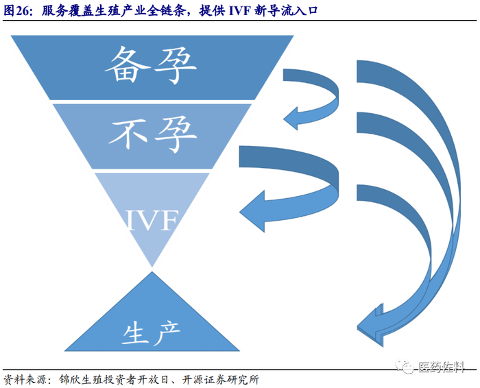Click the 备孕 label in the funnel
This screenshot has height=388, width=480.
(151, 65)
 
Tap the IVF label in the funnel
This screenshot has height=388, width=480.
(151, 221)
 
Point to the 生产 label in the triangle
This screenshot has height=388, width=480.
(152, 333)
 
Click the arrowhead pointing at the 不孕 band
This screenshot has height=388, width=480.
(293, 117)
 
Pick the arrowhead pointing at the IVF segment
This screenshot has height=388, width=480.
(252, 206)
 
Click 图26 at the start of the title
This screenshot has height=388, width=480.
(17, 11)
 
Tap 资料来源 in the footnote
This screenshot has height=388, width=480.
(23, 379)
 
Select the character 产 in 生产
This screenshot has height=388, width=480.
(168, 333)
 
